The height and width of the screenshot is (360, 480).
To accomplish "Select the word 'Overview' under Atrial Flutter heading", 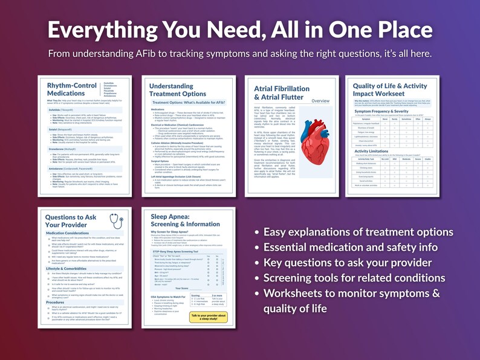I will click(x=320, y=101).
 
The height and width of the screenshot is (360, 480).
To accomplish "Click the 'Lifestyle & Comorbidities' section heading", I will click(x=70, y=268).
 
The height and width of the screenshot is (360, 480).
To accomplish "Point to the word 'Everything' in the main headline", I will click(x=111, y=30).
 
